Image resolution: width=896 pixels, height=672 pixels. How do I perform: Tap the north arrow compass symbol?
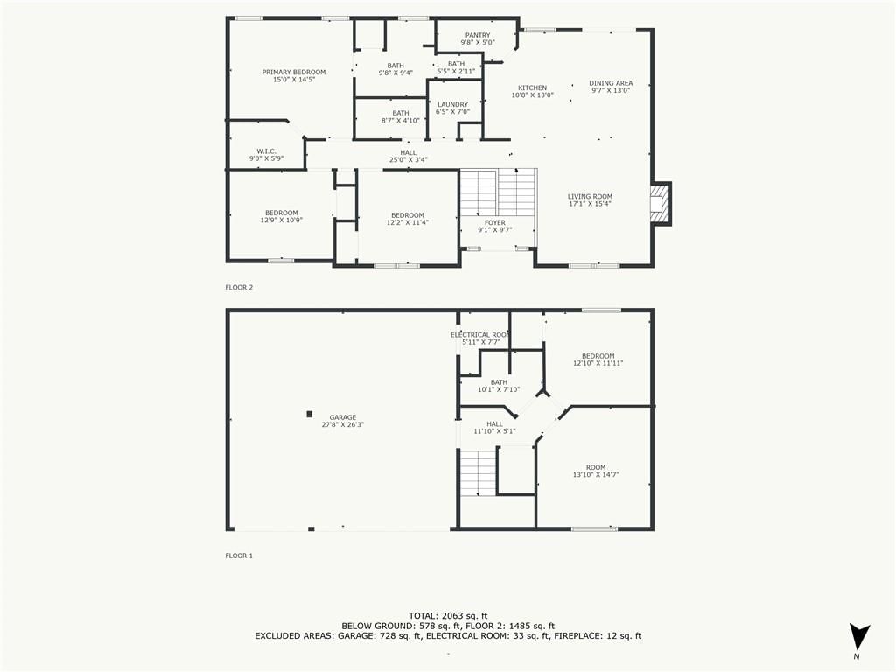(x=859, y=637)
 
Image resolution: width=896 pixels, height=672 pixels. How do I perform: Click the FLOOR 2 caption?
(x=239, y=287)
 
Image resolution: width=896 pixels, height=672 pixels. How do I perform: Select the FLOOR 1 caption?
(x=239, y=556)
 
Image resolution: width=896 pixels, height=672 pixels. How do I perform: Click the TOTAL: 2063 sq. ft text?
(x=448, y=616)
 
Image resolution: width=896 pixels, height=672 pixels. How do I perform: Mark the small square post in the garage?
(x=310, y=414)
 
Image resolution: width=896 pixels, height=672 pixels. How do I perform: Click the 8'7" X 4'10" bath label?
(x=401, y=121)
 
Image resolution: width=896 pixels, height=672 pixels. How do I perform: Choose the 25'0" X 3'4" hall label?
(x=408, y=160)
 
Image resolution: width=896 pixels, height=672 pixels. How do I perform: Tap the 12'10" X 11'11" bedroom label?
(x=598, y=363)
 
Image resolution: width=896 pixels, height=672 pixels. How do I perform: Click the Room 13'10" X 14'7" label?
(x=596, y=471)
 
